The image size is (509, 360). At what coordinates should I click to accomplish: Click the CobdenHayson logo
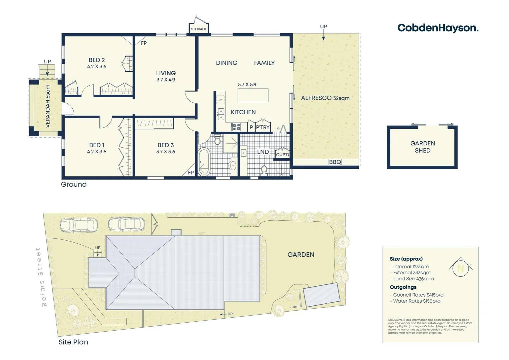pos(438,28)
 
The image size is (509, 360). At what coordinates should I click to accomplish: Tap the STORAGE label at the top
pos(199,29)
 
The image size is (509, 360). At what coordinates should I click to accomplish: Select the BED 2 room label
pos(97,60)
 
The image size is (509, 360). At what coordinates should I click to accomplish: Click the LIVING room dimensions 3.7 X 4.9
pos(166,80)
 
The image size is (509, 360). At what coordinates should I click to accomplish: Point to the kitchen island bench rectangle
pos(253,95)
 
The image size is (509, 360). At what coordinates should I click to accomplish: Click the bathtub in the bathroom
pos(204,162)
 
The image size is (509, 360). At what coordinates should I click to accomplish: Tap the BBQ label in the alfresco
pos(335,162)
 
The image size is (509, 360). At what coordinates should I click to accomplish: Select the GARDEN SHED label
pos(422,147)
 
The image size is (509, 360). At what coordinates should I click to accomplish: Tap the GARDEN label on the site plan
pos(301,255)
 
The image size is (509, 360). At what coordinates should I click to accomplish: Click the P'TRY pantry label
pos(263,127)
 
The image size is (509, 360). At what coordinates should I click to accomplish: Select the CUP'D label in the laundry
pos(282,155)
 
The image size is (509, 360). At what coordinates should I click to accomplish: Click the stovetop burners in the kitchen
pos(236,127)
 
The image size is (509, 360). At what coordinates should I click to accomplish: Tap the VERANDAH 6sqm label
pos(48,106)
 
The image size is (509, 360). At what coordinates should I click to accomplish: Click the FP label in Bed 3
pos(191,173)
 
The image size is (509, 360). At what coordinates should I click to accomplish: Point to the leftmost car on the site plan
pos(79,225)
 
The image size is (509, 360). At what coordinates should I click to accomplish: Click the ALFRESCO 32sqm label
pos(325,98)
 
